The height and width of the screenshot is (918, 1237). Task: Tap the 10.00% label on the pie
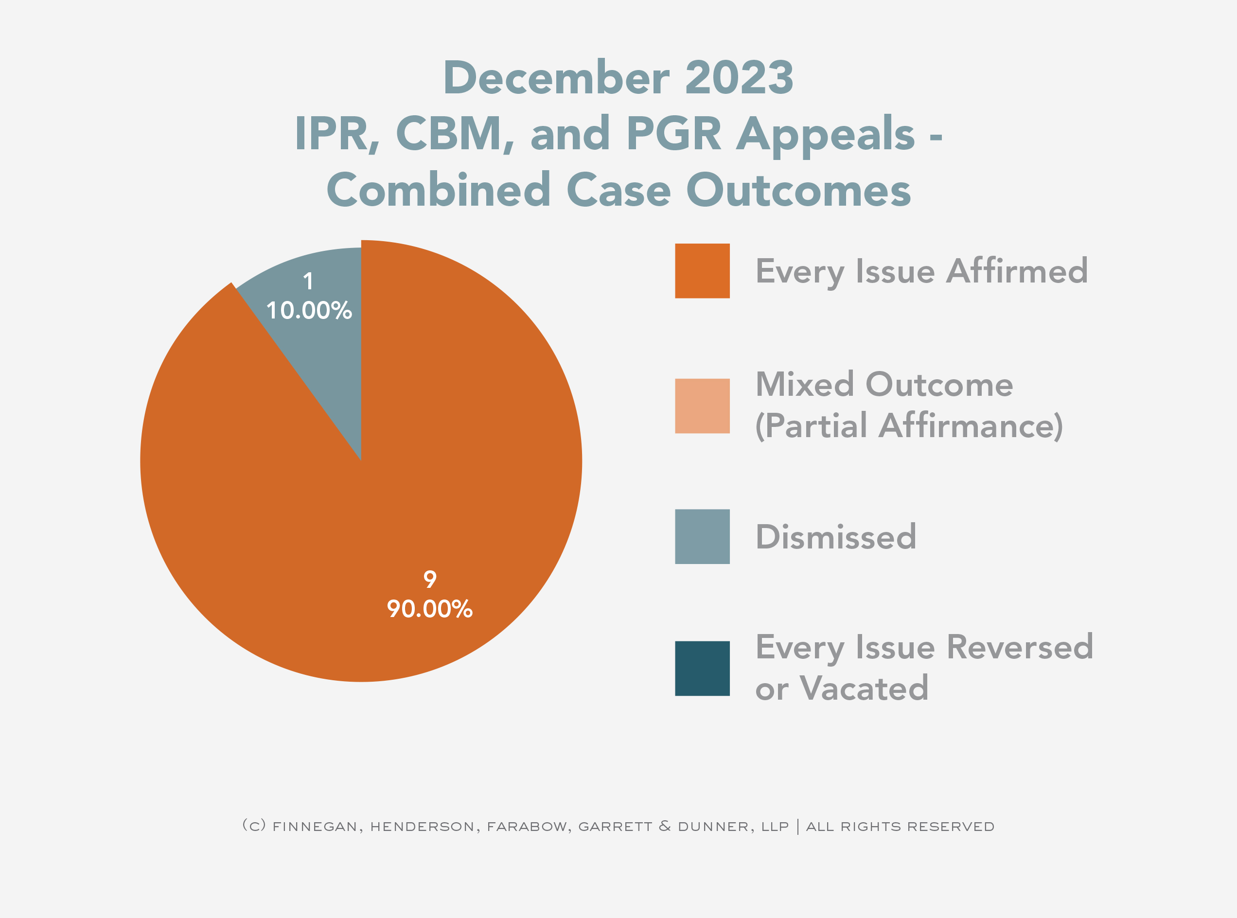pos(309,311)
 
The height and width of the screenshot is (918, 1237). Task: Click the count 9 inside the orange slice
pos(429,580)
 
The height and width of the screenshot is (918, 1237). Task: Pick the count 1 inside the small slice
pos(308,281)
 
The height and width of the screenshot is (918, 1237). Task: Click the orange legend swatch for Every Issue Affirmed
pos(702,271)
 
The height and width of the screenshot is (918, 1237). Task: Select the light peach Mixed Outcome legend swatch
pos(702,406)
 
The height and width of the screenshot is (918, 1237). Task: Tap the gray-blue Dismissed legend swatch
pos(702,536)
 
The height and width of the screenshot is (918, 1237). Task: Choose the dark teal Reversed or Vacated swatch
pos(702,668)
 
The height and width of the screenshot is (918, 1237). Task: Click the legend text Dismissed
pos(835,537)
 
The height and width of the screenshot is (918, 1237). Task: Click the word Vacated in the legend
pos(864,688)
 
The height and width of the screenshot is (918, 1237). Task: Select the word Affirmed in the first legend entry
pos(1016,271)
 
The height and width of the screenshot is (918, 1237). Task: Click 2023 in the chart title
pos(739,78)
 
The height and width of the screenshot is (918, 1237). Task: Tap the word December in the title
pos(556,78)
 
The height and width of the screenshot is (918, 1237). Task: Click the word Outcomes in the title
pos(798,190)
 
